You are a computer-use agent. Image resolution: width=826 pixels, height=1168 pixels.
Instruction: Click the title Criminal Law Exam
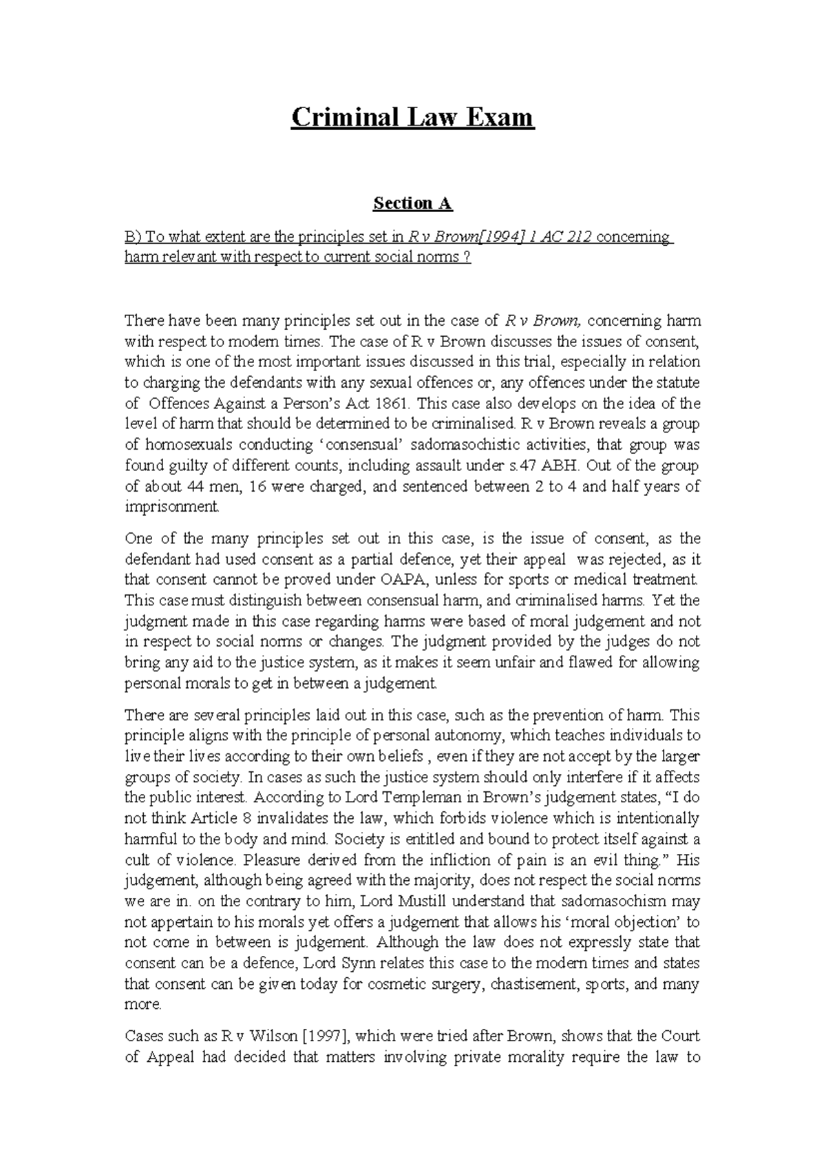[412, 118]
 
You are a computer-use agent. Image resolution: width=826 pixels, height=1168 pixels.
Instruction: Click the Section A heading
[412, 203]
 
